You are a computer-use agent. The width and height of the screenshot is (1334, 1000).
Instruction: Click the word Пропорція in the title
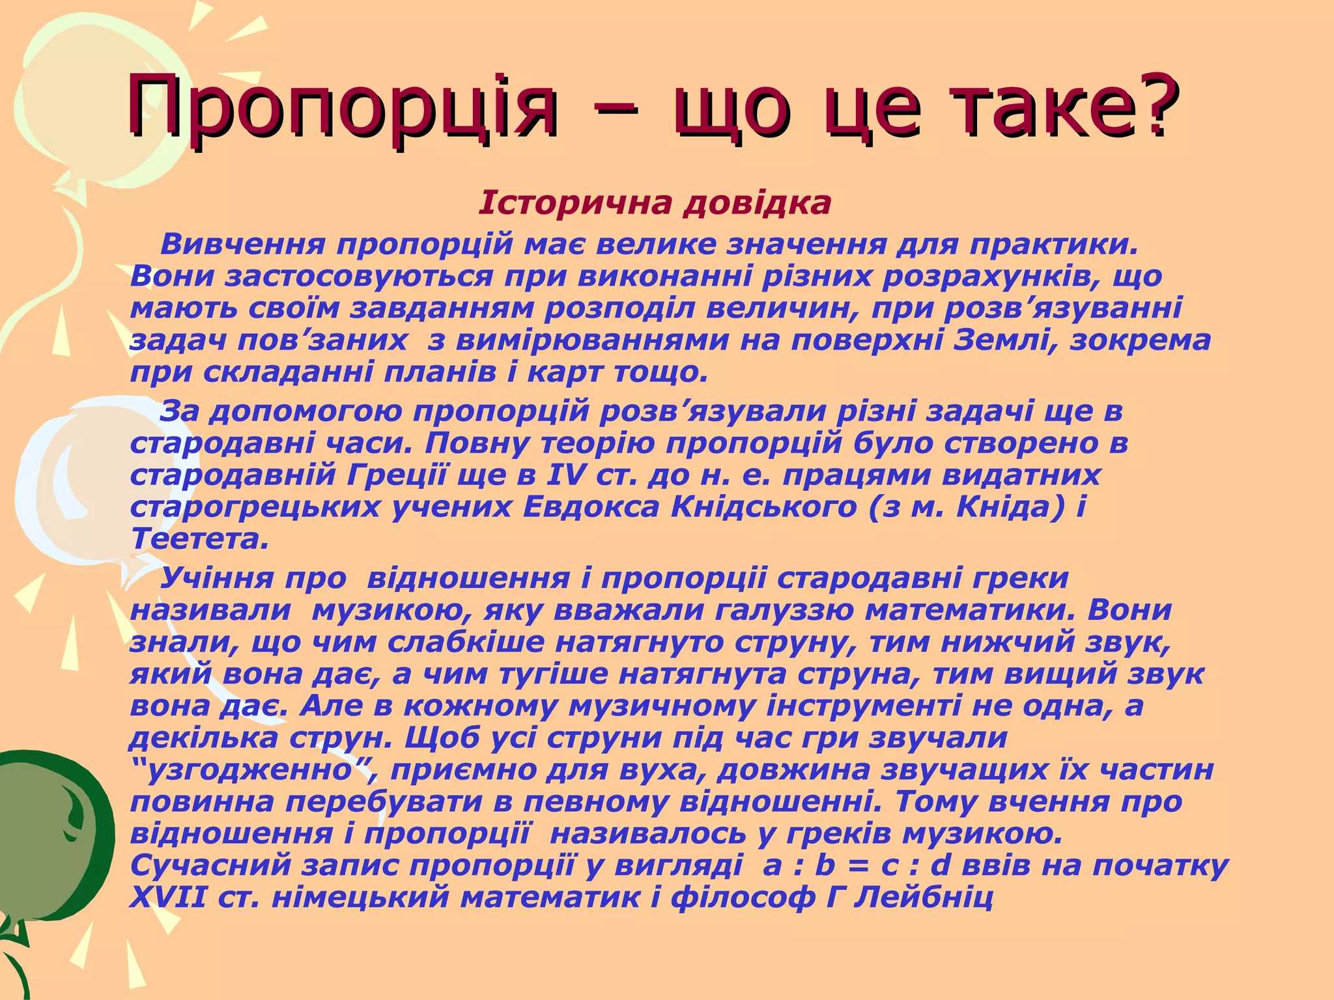[x=342, y=105]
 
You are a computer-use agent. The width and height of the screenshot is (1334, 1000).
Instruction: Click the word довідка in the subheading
[x=757, y=203]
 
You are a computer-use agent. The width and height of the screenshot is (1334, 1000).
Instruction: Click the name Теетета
[x=199, y=539]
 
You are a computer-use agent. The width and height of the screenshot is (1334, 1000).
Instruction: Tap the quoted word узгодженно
[x=251, y=770]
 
